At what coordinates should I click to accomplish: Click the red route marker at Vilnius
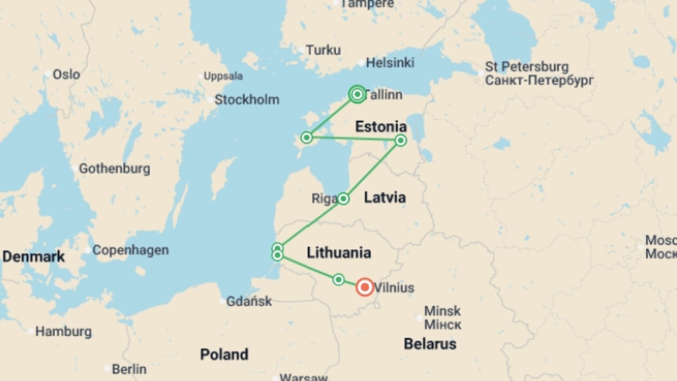click(x=365, y=287)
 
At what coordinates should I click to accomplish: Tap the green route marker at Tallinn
click(x=357, y=94)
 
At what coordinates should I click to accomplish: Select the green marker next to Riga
click(x=343, y=199)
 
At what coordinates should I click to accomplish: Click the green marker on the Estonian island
click(x=307, y=137)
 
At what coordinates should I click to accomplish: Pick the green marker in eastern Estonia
click(x=401, y=140)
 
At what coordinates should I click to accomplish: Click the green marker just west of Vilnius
click(x=338, y=280)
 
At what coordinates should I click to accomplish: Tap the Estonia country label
click(x=381, y=127)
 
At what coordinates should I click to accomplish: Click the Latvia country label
click(x=385, y=197)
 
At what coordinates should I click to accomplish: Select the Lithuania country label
click(x=339, y=253)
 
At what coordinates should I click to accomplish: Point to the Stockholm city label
click(x=247, y=99)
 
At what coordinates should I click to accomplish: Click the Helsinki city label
click(x=390, y=63)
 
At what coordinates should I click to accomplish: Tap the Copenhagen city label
click(x=130, y=250)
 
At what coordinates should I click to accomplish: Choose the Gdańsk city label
click(x=249, y=301)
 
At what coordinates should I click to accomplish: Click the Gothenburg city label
click(x=114, y=168)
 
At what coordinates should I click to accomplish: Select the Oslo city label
click(x=66, y=74)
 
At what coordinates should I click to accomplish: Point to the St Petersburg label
click(x=527, y=67)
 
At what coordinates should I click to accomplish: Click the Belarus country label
click(x=430, y=344)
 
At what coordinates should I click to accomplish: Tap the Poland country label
click(x=224, y=354)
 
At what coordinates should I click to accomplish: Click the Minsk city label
click(x=442, y=311)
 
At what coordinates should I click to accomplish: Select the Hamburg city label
click(x=63, y=332)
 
